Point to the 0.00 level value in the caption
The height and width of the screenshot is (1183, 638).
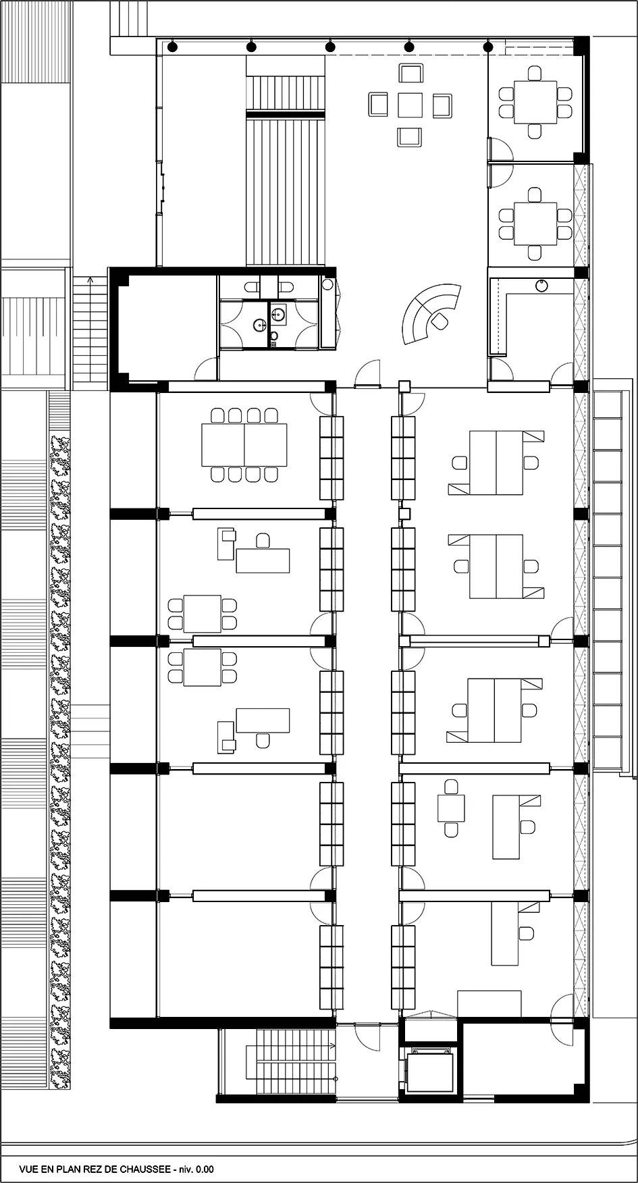(204, 1169)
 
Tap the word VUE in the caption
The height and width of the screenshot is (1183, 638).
(30, 1169)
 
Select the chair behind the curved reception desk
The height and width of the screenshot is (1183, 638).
(440, 321)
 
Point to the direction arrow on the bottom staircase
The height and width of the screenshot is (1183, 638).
(332, 1044)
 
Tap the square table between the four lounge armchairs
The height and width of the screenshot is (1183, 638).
(410, 105)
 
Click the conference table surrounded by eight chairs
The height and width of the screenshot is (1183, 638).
(244, 444)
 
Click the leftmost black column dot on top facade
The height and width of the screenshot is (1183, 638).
(173, 47)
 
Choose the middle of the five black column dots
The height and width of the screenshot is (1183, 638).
(329, 47)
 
